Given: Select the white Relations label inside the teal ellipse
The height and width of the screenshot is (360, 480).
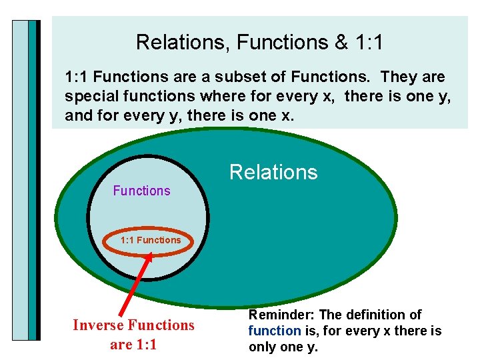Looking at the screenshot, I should (x=273, y=173).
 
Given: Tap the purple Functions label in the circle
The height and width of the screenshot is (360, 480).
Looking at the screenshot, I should (x=141, y=191).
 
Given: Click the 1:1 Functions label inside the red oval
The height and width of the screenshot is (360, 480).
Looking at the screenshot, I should (x=151, y=240).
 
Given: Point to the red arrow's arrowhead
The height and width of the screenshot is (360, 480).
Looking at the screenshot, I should (x=148, y=257).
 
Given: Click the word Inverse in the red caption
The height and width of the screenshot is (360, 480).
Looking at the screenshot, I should (x=99, y=325).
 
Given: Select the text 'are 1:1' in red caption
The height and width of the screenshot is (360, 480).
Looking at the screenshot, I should (x=133, y=345).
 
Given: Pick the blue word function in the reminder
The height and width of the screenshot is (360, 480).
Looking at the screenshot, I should (x=275, y=331).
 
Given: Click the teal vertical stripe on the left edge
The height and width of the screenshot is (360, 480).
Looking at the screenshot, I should (x=32, y=180).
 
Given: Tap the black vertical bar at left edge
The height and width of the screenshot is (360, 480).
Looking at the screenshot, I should (x=39, y=180).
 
